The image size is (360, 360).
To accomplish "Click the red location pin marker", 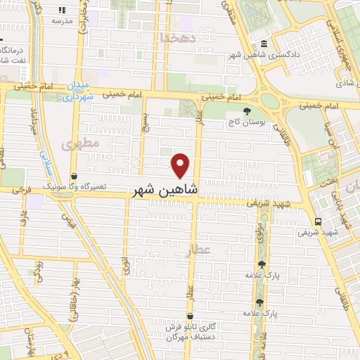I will tap(181, 166).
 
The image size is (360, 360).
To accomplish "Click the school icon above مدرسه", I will tap(62, 11).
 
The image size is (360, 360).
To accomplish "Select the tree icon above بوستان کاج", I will tap(246, 111).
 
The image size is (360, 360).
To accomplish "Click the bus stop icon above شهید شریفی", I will tap(319, 221).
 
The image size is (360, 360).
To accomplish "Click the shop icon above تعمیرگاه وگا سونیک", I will tap(75, 176).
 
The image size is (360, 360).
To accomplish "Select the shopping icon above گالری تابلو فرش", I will tap(190, 317).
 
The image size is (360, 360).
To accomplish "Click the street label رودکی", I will tap(39, 271).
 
